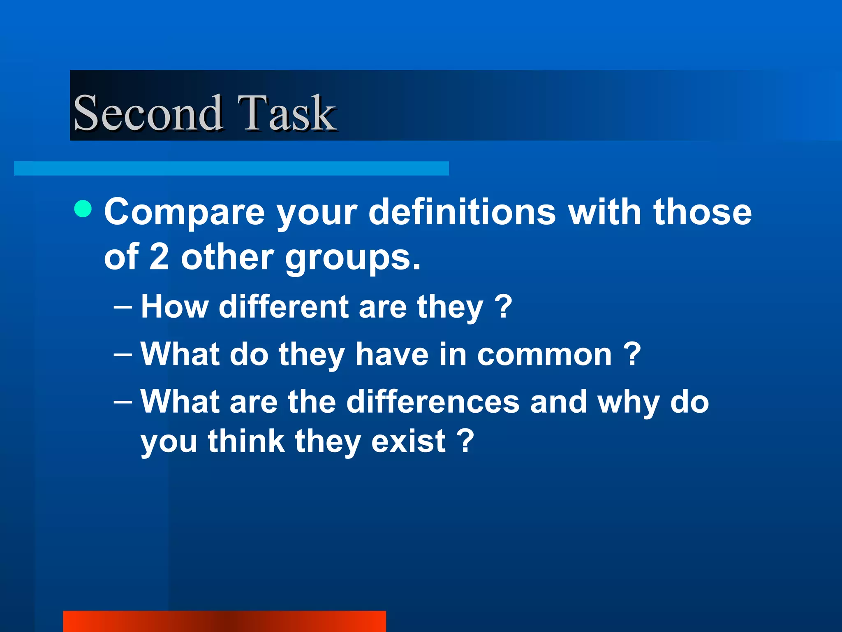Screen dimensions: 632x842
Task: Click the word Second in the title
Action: (x=148, y=113)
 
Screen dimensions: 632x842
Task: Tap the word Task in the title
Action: (x=287, y=113)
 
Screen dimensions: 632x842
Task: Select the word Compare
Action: (x=185, y=213)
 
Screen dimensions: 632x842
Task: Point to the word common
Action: (x=544, y=355)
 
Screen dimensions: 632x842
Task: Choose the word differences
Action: (x=433, y=402)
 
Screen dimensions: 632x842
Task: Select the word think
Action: (x=246, y=441)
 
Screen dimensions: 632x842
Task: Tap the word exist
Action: (x=408, y=441)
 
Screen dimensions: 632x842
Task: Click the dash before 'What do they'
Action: (x=123, y=355)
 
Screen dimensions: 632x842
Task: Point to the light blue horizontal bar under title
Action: (x=231, y=168)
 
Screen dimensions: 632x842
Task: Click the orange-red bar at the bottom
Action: (x=224, y=621)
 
